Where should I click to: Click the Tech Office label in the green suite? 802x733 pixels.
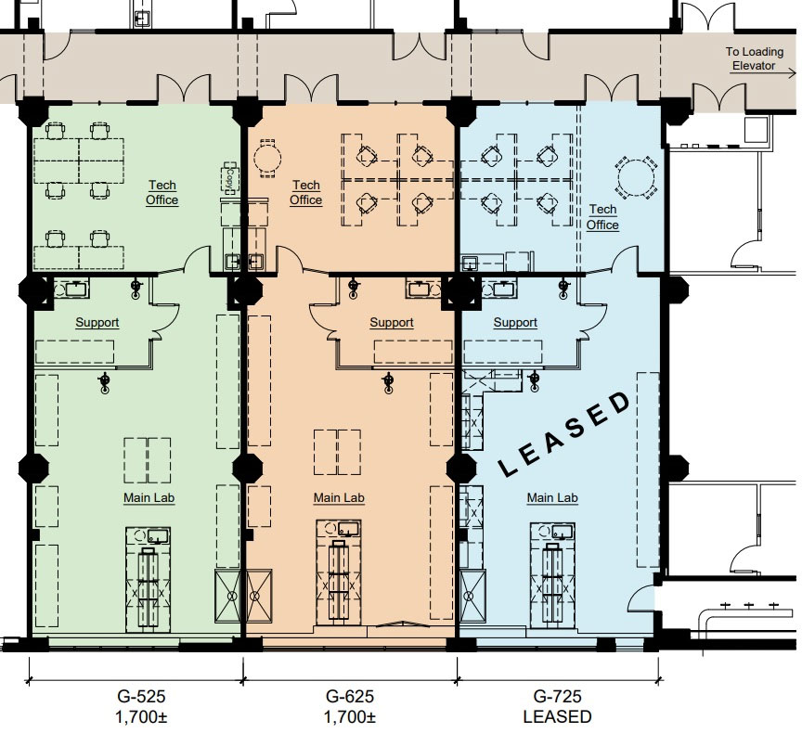[162, 193]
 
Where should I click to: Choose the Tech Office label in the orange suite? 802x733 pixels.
[305, 193]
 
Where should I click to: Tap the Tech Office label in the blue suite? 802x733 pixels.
[602, 218]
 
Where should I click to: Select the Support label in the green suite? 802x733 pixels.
[97, 323]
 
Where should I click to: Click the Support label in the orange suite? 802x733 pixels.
[392, 323]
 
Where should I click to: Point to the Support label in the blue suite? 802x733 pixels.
[515, 323]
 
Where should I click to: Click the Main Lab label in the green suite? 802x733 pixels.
[149, 498]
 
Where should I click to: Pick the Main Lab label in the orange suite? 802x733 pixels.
[339, 498]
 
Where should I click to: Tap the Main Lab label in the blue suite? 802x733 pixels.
[552, 498]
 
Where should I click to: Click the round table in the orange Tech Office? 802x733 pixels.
[267, 158]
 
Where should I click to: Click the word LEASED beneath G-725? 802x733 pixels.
[557, 717]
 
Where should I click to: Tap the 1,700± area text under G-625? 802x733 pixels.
[350, 717]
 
